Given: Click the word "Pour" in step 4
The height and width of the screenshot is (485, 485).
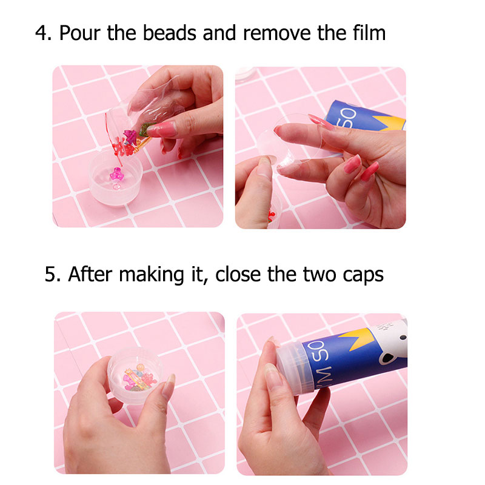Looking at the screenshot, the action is tap(80, 33).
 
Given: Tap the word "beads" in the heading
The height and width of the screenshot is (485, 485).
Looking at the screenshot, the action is tap(170, 33).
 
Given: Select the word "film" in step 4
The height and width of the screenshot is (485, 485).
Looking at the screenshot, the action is tap(369, 33).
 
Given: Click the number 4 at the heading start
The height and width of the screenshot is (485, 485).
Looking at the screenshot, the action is tap(41, 33).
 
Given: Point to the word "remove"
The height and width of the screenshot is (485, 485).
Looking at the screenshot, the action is tap(277, 33).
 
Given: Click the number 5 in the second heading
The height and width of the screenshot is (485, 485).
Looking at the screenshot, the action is tap(50, 275).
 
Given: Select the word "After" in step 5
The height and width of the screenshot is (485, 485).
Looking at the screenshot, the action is tap(90, 274).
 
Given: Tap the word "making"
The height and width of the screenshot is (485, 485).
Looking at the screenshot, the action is tap(151, 275).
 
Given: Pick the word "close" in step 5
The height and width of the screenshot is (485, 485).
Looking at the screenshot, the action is tap(238, 275).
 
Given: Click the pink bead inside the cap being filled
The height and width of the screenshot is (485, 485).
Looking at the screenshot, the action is tap(116, 175).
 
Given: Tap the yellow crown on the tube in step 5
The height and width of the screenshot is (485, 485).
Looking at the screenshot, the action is tap(356, 339).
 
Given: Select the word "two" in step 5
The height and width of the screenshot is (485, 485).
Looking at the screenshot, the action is tap(319, 275).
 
